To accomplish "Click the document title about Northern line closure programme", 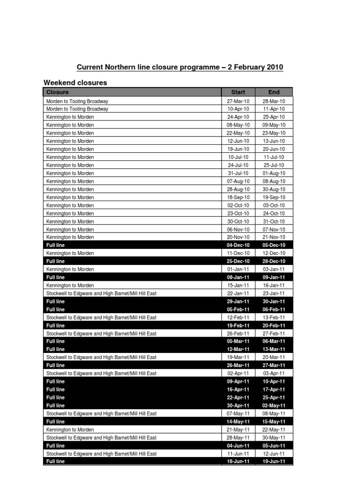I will tap(180, 67).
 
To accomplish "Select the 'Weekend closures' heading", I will tap(75, 82).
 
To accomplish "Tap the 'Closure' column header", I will tap(58, 92).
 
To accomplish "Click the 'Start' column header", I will tap(238, 92).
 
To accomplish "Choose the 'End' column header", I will tap(274, 92).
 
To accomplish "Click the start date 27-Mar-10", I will tap(238, 101).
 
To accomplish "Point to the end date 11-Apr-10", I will tap(274, 109).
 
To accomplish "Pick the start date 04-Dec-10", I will tap(238, 245).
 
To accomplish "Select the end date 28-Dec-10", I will tap(274, 261).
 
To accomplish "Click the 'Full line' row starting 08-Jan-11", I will tap(56, 277).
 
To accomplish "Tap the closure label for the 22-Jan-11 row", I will tap(101, 293).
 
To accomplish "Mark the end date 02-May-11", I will tap(274, 405).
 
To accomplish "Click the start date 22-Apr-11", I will tap(238, 397).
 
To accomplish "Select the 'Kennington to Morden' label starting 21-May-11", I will tap(70, 430).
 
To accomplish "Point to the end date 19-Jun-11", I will tap(274, 462).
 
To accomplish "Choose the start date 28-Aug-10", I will tap(238, 189).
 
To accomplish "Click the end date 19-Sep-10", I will tap(274, 197).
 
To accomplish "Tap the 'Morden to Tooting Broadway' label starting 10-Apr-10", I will tap(77, 109).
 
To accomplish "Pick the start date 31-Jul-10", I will tap(238, 173).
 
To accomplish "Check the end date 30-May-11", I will tap(274, 438).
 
